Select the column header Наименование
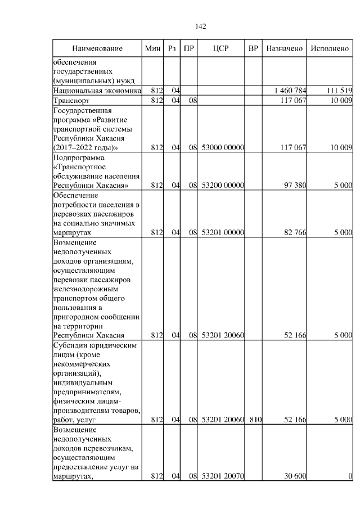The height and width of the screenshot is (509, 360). pyautogui.click(x=97, y=49)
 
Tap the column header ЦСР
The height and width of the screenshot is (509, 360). pyautogui.click(x=221, y=49)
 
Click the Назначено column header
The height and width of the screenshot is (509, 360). pyautogui.click(x=285, y=49)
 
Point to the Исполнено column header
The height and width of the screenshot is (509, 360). pyautogui.click(x=330, y=49)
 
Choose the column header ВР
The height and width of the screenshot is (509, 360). pyautogui.click(x=254, y=49)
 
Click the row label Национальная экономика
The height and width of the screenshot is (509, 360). pyautogui.click(x=97, y=91)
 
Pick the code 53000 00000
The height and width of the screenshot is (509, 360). pyautogui.click(x=222, y=148)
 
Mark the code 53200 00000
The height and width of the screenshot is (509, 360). pyautogui.click(x=222, y=185)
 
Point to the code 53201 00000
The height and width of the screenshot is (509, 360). pyautogui.click(x=222, y=232)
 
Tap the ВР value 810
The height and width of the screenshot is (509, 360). pyautogui.click(x=254, y=420)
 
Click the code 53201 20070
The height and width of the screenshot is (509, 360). pyautogui.click(x=222, y=477)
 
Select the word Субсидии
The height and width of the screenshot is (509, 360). pyautogui.click(x=71, y=345)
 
